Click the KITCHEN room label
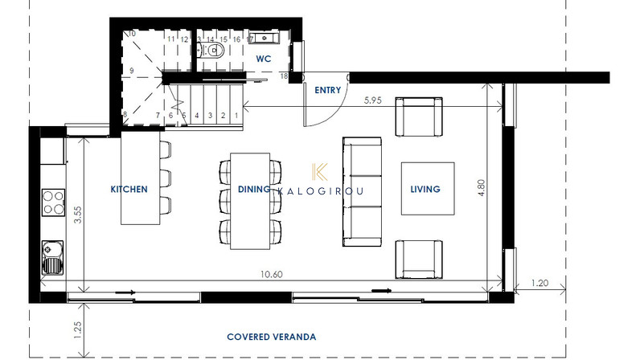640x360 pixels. point(129,190)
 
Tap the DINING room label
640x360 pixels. point(254,190)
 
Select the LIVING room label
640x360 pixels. point(425,190)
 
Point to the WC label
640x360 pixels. point(264,59)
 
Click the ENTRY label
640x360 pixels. point(327,90)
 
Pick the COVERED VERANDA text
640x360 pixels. point(272,337)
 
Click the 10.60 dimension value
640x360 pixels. point(272,274)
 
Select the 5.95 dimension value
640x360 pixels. point(372,100)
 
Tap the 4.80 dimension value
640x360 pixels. point(482,188)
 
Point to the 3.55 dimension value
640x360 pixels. point(77,215)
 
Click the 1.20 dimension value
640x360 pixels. point(539,283)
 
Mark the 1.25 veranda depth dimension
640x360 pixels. point(77,329)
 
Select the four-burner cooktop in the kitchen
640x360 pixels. point(54,202)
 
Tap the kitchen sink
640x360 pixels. point(53,258)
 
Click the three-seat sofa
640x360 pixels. point(362,192)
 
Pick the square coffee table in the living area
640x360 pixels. point(428,189)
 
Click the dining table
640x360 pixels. point(250,201)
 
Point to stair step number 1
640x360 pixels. point(236,116)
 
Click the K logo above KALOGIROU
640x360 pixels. point(319,172)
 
